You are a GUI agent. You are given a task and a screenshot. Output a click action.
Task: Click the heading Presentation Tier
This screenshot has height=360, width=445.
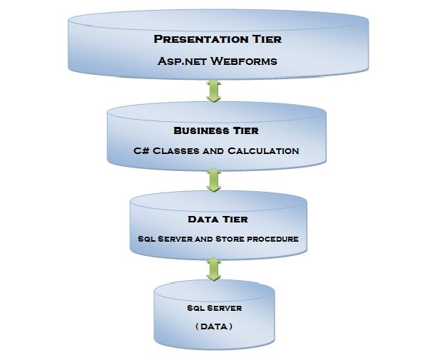point(218,38)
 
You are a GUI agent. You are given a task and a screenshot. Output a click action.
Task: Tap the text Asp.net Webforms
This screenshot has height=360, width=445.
point(218,61)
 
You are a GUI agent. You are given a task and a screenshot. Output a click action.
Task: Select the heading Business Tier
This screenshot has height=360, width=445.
point(215,130)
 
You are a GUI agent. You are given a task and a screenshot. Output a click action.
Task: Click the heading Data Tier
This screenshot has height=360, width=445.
point(218,219)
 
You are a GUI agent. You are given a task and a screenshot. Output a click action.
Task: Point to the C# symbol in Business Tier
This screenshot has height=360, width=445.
point(140,150)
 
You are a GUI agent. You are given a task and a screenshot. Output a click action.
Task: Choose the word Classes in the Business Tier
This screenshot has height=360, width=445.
point(178,150)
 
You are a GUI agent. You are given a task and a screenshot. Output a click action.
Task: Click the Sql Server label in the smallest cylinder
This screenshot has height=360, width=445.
point(215,308)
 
